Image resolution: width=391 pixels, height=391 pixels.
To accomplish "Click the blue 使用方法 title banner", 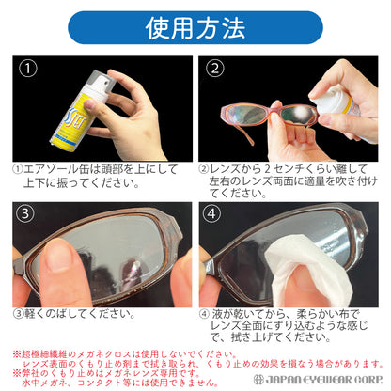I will click(195, 27).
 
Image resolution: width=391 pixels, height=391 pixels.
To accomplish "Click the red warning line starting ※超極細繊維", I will click(141, 353).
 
